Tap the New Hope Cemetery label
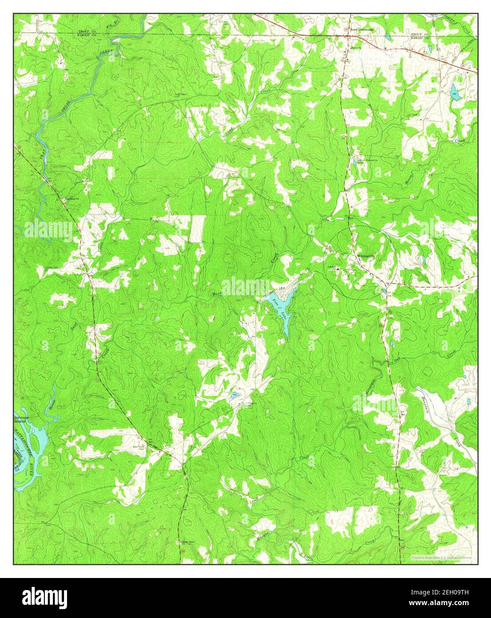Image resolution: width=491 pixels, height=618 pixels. click(139, 448)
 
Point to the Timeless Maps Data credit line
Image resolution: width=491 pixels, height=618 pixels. click(441, 557)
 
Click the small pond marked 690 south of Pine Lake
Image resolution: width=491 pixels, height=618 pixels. click(234, 395)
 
